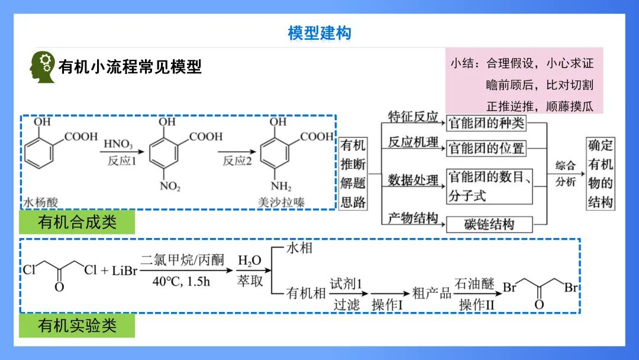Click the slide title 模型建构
pos(319,33)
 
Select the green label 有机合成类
pos(77,223)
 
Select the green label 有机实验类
pos(77,325)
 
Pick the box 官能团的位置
pos(486,148)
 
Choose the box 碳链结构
pos(489,224)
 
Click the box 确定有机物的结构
pos(600,173)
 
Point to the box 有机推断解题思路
pos(353,173)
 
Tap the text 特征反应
pos(412,117)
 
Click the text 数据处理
pos(412,180)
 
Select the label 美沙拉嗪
pos(281,201)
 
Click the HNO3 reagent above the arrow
pos(118,144)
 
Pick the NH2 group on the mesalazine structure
pos(281,187)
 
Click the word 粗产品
pos(431,293)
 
